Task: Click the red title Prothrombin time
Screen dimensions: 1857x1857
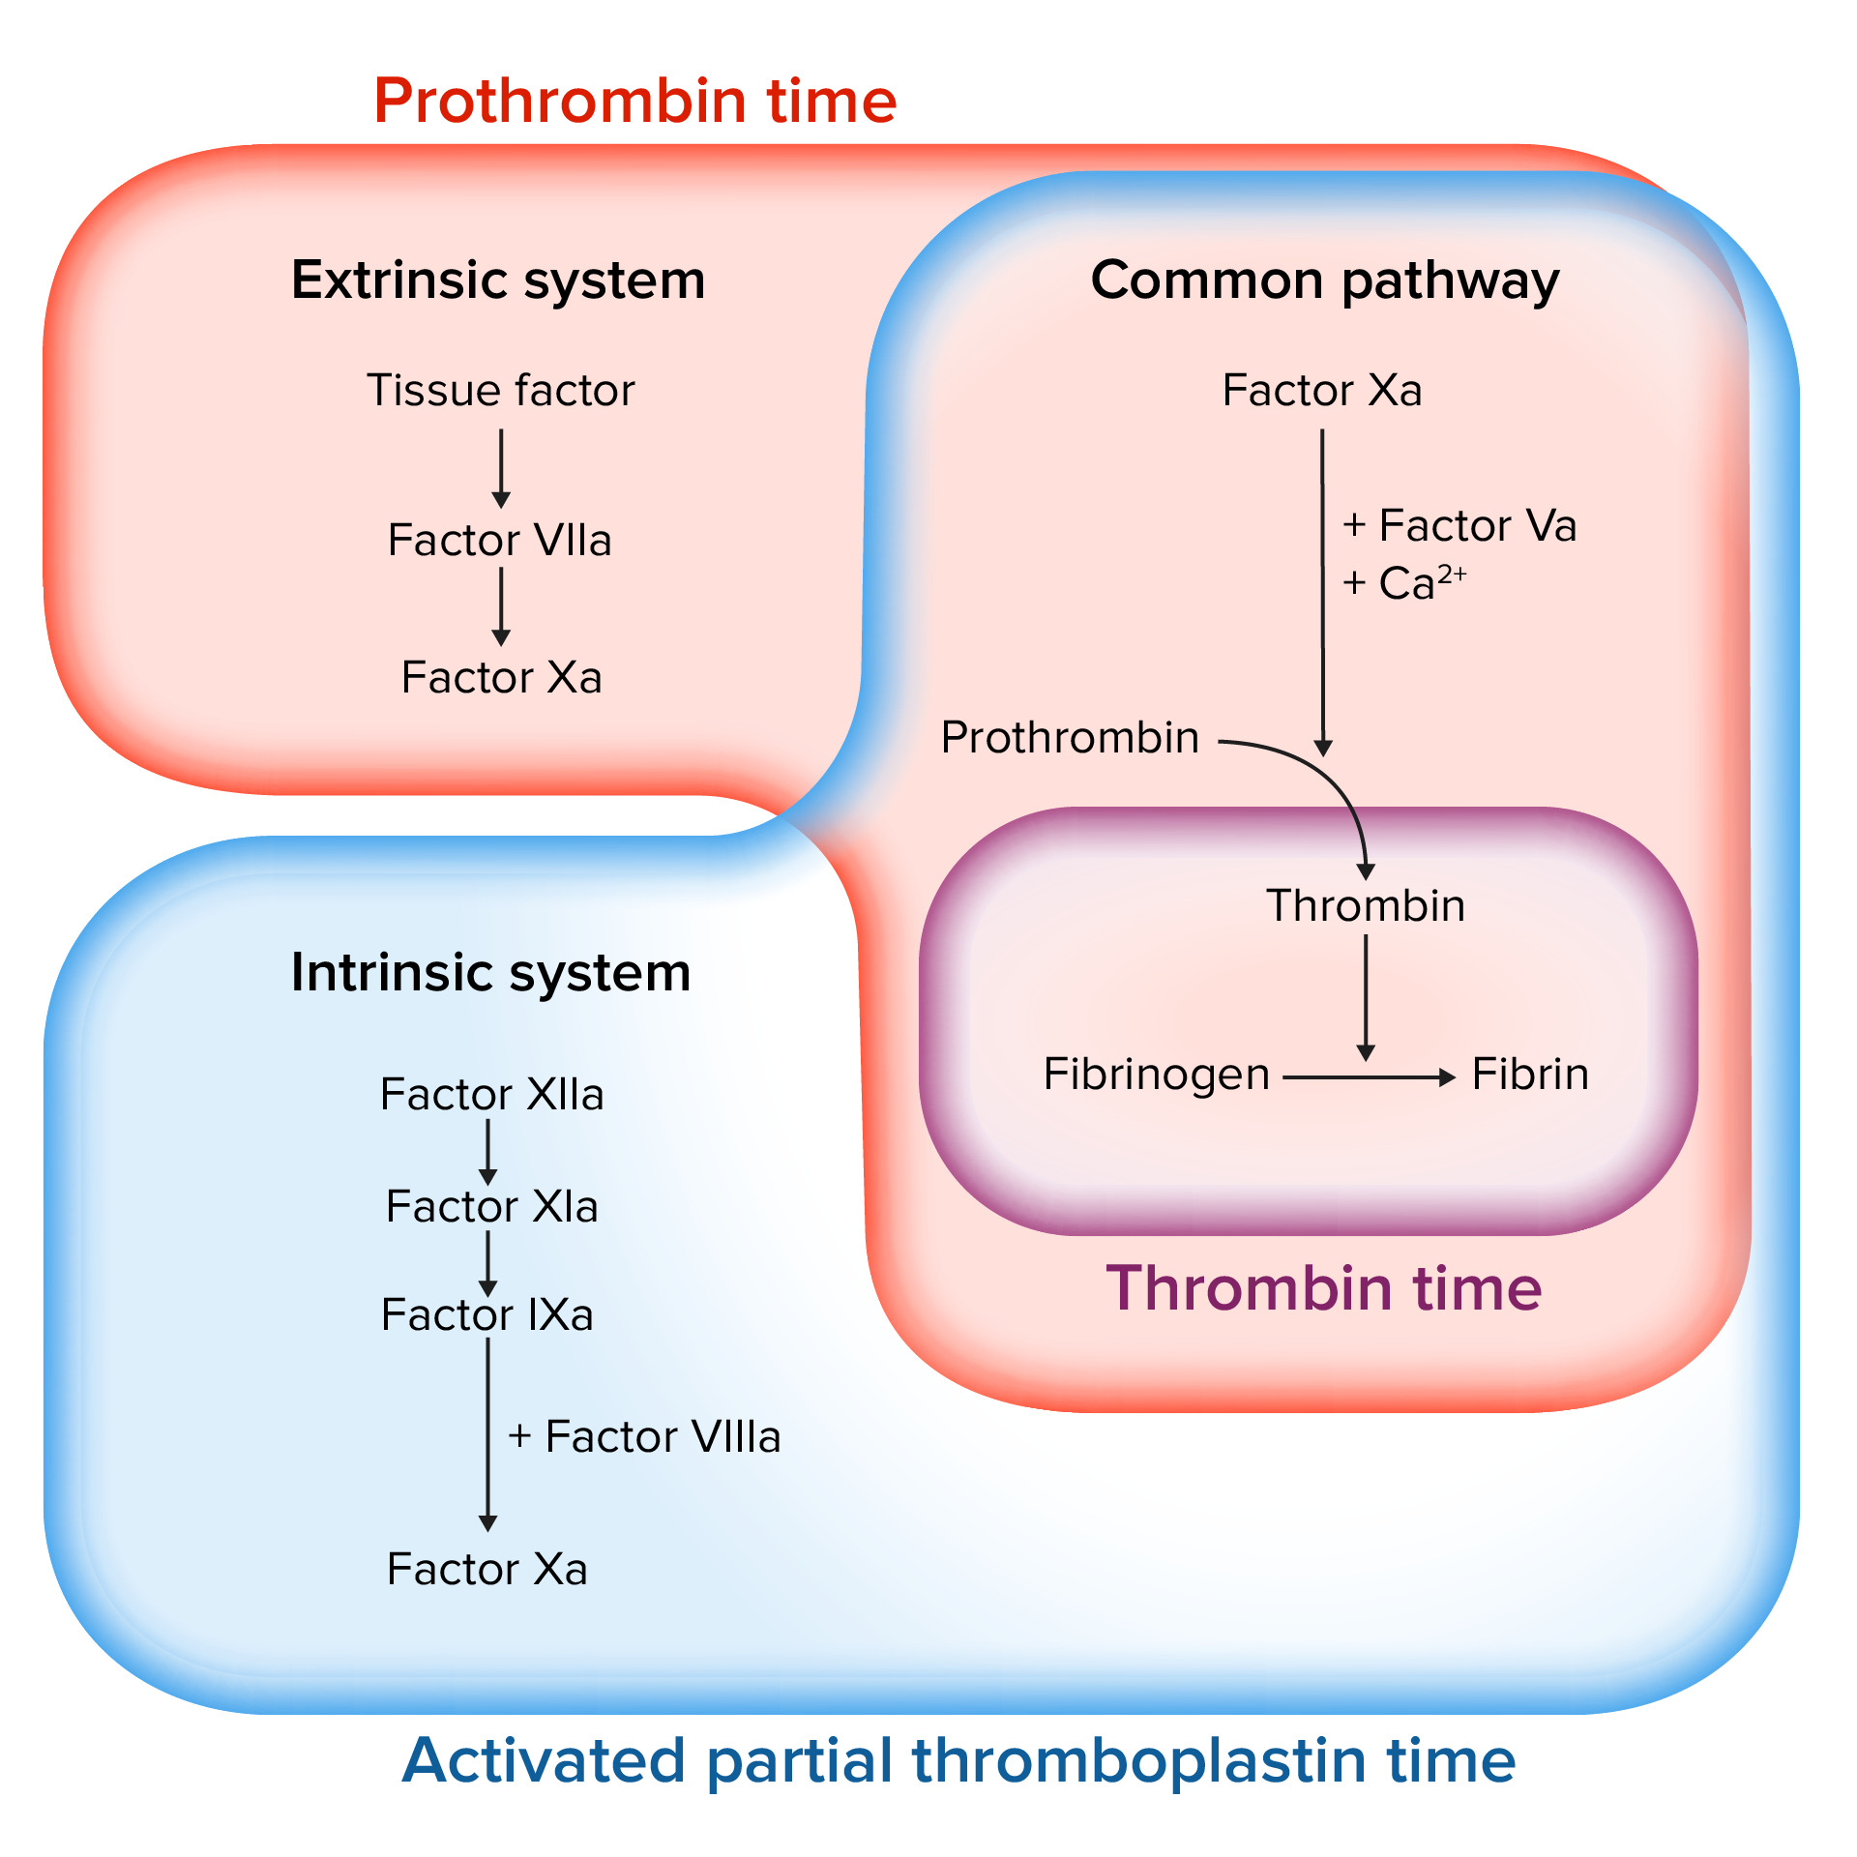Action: coord(634,102)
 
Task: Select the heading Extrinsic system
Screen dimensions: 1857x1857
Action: coord(498,280)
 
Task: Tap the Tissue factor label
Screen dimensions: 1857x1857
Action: coord(500,391)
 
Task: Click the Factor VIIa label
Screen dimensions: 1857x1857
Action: coord(499,540)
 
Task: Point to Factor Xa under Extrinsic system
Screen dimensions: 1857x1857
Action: coord(501,677)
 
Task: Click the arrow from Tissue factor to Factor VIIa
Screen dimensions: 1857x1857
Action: coord(501,468)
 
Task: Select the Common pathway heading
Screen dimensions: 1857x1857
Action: coord(1324,280)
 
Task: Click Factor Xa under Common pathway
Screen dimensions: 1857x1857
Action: coord(1321,391)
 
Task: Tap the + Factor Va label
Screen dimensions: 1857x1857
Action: coord(1459,526)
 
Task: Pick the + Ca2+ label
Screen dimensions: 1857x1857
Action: coord(1403,583)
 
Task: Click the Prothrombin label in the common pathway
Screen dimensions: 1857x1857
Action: coord(1070,738)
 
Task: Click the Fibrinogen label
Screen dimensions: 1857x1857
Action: coord(1156,1075)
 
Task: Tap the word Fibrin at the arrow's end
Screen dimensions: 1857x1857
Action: coord(1530,1075)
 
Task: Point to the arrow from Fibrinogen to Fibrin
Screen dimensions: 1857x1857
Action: coord(1369,1077)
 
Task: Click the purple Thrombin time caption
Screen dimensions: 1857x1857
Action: coord(1323,1288)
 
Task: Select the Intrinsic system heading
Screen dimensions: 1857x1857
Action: coord(490,972)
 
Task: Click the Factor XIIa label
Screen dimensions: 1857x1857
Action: coord(491,1095)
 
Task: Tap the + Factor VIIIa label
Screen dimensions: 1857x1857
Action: coord(644,1437)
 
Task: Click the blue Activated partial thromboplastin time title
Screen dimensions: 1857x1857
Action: coord(958,1760)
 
